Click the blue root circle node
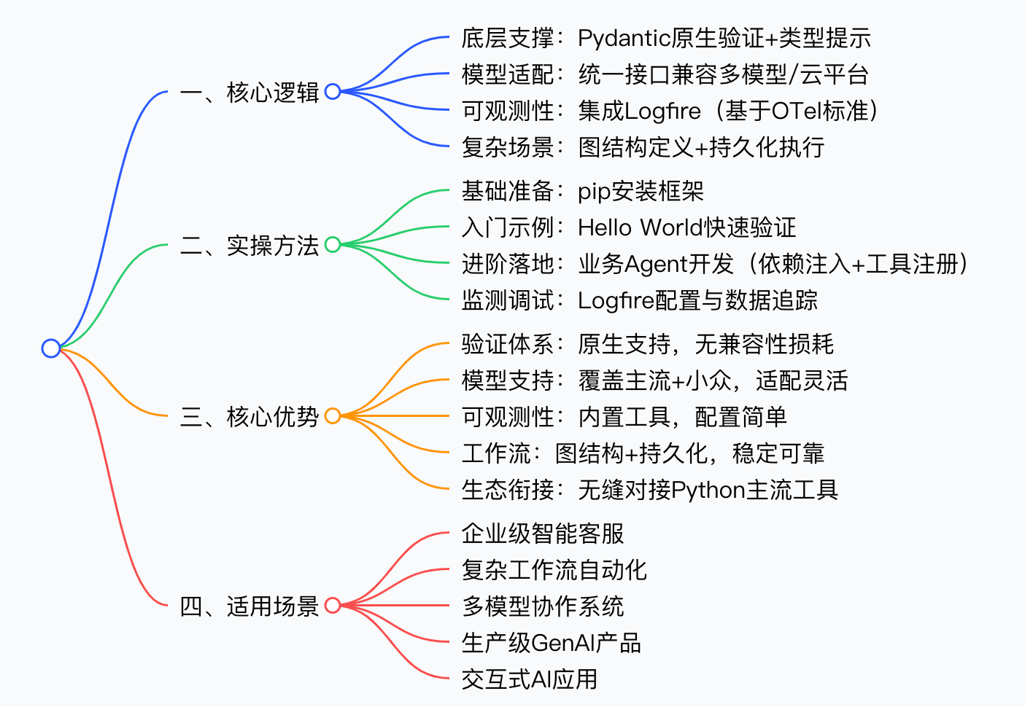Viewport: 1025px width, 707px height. click(x=50, y=348)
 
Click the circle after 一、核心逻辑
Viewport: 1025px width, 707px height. click(x=333, y=92)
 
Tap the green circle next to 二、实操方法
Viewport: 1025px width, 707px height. click(x=333, y=245)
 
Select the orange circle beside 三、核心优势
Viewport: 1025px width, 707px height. click(x=333, y=416)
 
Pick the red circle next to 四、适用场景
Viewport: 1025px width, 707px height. click(x=333, y=605)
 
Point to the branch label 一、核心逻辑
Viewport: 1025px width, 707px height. click(x=250, y=93)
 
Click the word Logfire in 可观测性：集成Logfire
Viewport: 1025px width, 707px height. click(x=662, y=111)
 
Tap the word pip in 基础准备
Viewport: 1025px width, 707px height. click(x=593, y=192)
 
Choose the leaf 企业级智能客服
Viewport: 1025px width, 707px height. click(x=543, y=534)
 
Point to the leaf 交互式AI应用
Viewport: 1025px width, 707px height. click(x=529, y=679)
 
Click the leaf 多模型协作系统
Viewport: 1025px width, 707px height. click(x=543, y=606)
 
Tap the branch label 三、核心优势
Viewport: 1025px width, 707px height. click(x=250, y=417)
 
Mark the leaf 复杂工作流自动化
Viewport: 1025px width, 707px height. click(x=554, y=570)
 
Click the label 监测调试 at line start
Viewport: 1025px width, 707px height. click(x=508, y=300)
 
